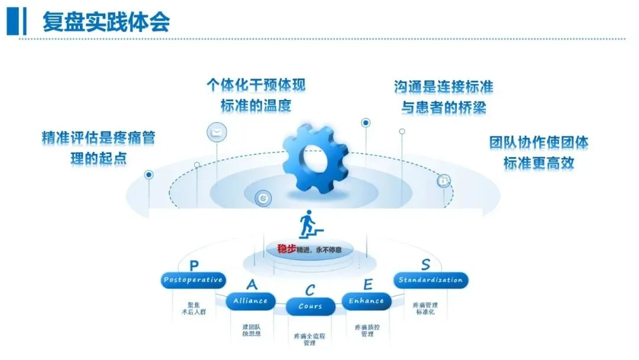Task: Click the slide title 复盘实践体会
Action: (106, 22)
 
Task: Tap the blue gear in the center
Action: (313, 160)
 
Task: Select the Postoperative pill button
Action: (193, 280)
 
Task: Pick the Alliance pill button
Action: (250, 301)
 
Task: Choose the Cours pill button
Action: (311, 306)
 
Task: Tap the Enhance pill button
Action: (367, 301)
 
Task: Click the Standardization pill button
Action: (431, 280)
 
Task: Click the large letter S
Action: (426, 264)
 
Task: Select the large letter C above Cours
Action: (311, 291)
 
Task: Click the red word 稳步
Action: (286, 249)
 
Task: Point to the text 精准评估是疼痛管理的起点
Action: (98, 148)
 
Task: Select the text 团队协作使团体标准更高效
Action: (538, 152)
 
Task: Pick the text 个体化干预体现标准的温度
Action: (256, 95)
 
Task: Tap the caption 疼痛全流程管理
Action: (309, 339)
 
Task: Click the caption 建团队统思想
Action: (251, 330)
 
